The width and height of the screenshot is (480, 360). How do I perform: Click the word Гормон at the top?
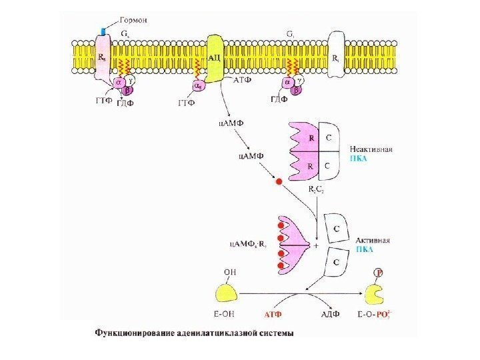[133, 20]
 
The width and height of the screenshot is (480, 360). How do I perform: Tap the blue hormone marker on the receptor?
[103, 31]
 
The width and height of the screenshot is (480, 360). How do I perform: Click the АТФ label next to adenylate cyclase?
[242, 79]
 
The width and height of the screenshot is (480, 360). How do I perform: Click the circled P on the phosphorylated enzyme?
[379, 273]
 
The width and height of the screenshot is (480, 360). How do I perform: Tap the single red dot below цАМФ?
[279, 181]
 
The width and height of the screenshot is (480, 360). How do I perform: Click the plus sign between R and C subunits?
[315, 245]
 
